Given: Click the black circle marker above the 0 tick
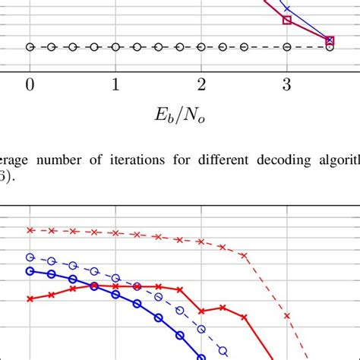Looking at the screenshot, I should click(x=30, y=47).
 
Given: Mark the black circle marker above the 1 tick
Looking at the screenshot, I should click(x=115, y=47).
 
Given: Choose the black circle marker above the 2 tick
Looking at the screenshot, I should click(x=201, y=47).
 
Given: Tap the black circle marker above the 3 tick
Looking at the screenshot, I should click(x=287, y=47).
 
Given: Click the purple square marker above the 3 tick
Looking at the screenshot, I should click(x=287, y=21).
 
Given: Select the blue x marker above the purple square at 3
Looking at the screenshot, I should click(x=287, y=8).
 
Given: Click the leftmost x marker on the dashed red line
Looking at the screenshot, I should click(x=30, y=229).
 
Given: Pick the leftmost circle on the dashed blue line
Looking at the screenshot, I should click(x=30, y=257).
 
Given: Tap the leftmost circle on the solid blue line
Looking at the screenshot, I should click(x=30, y=270).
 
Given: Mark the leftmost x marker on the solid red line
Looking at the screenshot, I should click(x=30, y=298).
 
